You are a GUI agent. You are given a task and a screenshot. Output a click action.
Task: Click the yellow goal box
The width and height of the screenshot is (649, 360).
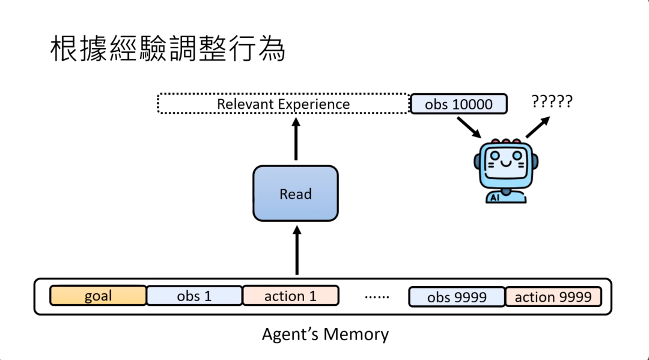click(x=98, y=296)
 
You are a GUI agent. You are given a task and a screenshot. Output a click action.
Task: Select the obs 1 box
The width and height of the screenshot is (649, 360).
click(x=194, y=296)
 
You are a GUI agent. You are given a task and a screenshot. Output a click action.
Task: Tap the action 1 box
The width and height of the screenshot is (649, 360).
click(x=290, y=296)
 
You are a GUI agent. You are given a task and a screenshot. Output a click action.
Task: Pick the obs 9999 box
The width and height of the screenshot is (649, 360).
click(x=457, y=297)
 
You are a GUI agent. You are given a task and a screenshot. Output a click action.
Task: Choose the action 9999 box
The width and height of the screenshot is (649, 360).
click(x=553, y=296)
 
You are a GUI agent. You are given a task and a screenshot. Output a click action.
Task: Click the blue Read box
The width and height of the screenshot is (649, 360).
click(x=296, y=194)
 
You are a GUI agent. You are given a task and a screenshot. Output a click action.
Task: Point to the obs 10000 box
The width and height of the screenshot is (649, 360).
click(x=459, y=104)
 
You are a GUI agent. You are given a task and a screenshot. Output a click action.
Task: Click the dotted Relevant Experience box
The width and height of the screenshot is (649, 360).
click(x=283, y=104)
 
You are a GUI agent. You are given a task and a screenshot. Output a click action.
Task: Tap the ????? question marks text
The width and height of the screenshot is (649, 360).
click(x=552, y=101)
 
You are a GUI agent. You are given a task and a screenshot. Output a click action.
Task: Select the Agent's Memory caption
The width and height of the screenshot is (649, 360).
click(x=325, y=334)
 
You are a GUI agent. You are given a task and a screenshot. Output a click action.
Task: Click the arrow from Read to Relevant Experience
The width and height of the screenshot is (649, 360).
click(x=296, y=139)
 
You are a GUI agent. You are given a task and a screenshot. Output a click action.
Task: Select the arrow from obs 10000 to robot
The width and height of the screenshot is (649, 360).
click(x=469, y=127)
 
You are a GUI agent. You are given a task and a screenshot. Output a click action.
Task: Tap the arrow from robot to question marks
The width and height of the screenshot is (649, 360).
click(x=538, y=127)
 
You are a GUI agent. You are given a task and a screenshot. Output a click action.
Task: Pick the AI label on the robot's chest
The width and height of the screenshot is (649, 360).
click(x=495, y=197)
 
